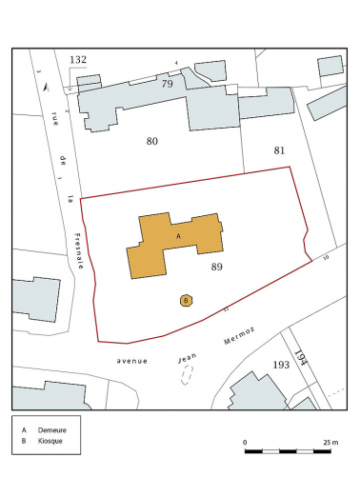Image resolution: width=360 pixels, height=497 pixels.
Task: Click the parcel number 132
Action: [x=78, y=60]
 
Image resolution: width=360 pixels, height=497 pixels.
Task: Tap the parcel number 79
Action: [x=167, y=84]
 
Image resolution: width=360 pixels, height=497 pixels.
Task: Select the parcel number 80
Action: [x=151, y=142]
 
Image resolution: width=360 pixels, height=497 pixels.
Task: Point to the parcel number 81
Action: [x=279, y=150]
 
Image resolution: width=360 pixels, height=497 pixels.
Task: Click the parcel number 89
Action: [x=217, y=268]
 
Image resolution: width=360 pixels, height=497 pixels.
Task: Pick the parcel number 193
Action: [x=281, y=365]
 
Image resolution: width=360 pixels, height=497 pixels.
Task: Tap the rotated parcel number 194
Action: [x=303, y=361]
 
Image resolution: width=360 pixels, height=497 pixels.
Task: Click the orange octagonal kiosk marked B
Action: [x=187, y=301]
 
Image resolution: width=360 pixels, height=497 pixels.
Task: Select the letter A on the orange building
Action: [x=178, y=234]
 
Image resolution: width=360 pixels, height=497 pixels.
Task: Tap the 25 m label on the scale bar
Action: [x=331, y=443]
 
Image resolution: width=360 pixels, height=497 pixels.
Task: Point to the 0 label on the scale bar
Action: [x=245, y=443]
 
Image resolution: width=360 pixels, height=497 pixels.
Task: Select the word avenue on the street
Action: [x=131, y=362]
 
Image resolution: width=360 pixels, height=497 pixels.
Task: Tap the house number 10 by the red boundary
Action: [x=326, y=258]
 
